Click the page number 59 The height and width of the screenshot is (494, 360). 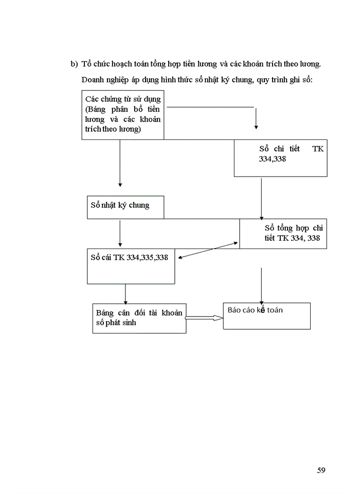click(321, 470)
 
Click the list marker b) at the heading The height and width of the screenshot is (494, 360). click(74, 64)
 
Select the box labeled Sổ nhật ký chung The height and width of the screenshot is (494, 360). click(125, 207)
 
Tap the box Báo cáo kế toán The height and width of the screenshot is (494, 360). click(266, 316)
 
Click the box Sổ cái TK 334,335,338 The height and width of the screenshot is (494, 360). click(131, 267)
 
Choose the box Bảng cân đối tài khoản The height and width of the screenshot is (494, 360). click(139, 318)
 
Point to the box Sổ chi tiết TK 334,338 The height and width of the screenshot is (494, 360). click(280, 158)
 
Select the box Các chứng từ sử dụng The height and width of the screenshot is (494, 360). click(122, 115)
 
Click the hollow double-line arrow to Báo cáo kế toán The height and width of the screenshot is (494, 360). click(204, 318)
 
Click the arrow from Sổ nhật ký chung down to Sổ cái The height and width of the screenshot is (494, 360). click(120, 234)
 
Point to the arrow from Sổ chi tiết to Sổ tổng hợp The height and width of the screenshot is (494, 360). click(262, 198)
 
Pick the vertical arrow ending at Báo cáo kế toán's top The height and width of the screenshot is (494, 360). click(262, 286)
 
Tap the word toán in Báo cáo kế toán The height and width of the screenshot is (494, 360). click(274, 310)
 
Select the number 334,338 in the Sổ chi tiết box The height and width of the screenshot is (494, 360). click(273, 160)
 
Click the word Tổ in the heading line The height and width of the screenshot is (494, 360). click(87, 64)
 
